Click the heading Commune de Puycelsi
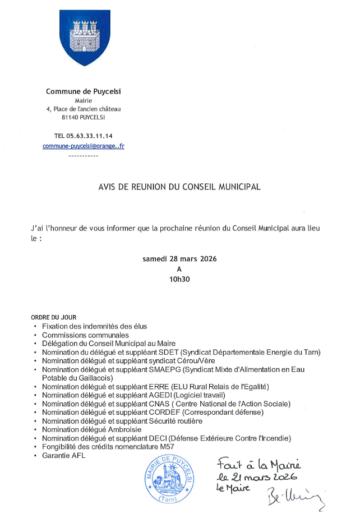83,91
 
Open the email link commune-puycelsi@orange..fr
84,146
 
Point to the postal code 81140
70,117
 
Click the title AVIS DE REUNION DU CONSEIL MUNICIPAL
179,187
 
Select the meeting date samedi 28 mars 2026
179,259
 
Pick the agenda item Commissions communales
85,335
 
